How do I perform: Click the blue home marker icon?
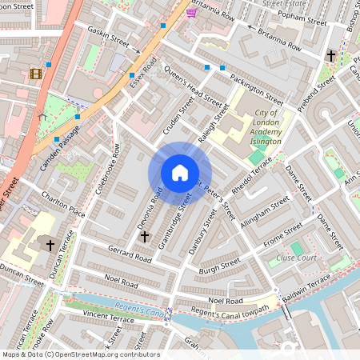[180, 173]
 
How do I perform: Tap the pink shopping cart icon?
[191, 12]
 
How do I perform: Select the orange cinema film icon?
[35, 74]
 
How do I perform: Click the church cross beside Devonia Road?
[144, 236]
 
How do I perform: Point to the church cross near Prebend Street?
[331, 56]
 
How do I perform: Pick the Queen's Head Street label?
[192, 86]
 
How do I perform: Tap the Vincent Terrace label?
[108, 318]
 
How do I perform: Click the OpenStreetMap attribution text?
[80, 354]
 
